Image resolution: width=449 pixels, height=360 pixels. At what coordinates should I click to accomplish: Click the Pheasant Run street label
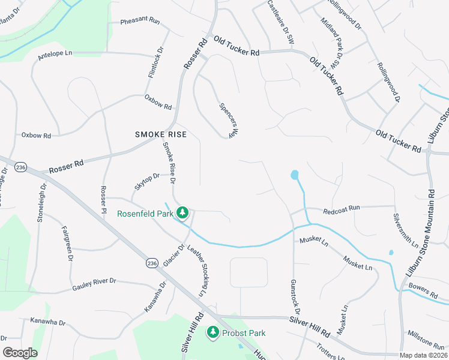[x=140, y=21]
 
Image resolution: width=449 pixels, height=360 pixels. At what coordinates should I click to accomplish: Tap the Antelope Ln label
[x=55, y=53]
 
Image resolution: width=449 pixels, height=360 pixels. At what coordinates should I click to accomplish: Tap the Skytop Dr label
[x=147, y=181]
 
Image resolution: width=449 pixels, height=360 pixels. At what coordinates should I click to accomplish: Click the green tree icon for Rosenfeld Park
[x=184, y=213]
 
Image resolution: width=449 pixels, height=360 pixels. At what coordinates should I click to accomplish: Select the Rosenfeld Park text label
[x=145, y=213]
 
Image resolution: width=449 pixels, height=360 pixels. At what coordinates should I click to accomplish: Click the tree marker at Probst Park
[x=212, y=332]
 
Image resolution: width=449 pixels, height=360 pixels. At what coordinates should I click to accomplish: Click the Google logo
[x=20, y=353]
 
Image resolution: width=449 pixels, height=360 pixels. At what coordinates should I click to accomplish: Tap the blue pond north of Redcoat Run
[x=295, y=175]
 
